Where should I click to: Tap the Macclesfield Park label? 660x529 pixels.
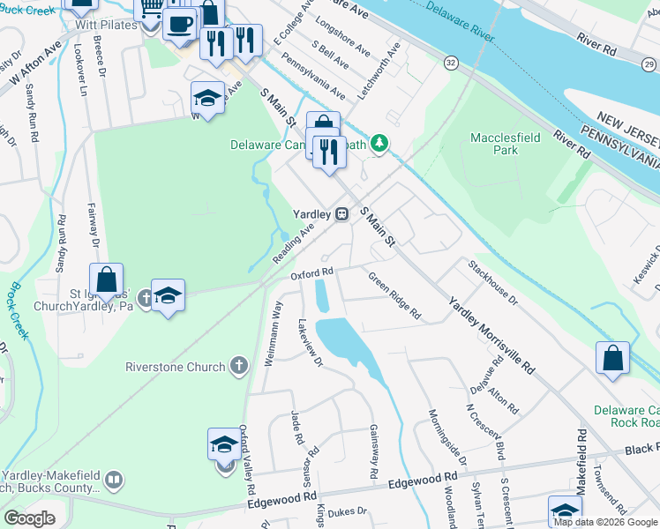tap(506, 145)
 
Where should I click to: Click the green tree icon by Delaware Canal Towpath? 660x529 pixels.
tap(379, 143)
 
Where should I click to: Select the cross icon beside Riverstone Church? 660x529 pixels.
tap(237, 366)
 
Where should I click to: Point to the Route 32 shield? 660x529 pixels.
tap(451, 63)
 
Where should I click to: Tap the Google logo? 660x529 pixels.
tap(30, 518)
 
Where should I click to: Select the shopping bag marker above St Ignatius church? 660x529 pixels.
tap(106, 280)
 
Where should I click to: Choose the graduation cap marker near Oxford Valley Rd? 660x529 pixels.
tap(225, 445)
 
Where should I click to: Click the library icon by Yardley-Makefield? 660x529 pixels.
tap(113, 480)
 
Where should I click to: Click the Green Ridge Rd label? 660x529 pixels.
tap(394, 296)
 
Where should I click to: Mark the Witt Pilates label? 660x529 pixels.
tap(106, 25)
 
